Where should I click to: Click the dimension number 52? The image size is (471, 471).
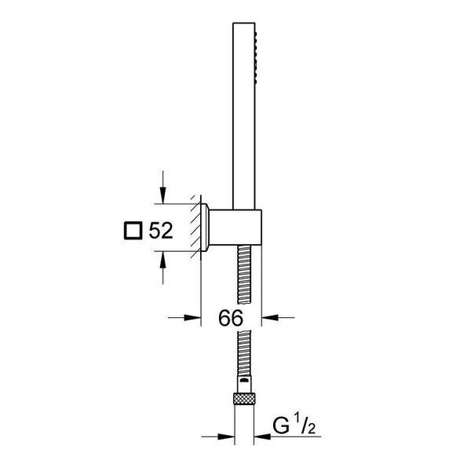[x=161, y=231]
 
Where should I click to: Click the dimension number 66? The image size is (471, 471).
[x=231, y=318]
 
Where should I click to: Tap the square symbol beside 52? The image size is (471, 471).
[x=133, y=231]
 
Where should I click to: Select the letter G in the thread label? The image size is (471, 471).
[x=281, y=425]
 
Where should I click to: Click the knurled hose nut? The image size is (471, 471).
[x=244, y=399]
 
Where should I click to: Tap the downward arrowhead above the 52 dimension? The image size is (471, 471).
[x=162, y=195]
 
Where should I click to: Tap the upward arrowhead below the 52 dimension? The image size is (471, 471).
[x=162, y=260]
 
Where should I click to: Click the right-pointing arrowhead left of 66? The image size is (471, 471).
[x=192, y=317]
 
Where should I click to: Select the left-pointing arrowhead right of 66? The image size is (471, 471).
[x=270, y=317]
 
